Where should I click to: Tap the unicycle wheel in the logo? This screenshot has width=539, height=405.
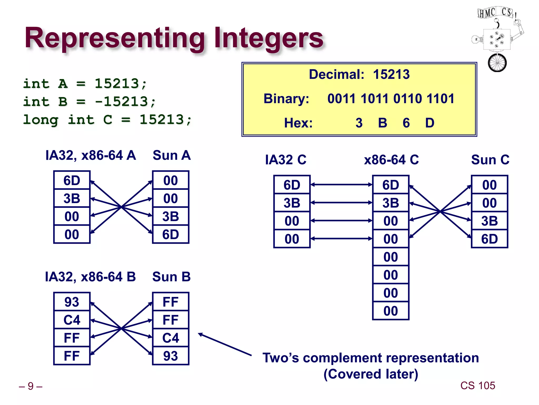[497, 63]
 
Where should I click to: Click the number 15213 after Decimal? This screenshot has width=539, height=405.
[391, 74]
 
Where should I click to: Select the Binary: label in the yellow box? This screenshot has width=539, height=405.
[286, 99]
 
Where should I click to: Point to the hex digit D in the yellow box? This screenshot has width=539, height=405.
[430, 123]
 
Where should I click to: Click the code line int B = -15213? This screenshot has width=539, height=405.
[89, 102]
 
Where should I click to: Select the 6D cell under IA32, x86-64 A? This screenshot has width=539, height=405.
[72, 180]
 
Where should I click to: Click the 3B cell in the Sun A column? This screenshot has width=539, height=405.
[171, 216]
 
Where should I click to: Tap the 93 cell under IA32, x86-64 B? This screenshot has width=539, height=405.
[72, 302]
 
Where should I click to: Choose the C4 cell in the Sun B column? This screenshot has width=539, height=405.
[171, 338]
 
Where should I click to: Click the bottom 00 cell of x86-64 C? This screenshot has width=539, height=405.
[391, 311]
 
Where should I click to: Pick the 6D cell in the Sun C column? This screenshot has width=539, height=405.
[489, 239]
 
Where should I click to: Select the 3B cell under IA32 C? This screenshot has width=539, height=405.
[292, 203]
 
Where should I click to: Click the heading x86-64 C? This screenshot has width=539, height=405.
[391, 160]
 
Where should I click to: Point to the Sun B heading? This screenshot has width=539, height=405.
[171, 277]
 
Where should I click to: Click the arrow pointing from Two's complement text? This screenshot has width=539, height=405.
[225, 345]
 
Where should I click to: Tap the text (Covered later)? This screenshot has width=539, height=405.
[371, 374]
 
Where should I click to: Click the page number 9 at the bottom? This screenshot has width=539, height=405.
[31, 386]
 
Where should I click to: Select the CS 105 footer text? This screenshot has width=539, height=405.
[477, 385]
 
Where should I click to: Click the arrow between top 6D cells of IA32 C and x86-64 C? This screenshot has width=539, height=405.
[341, 185]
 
